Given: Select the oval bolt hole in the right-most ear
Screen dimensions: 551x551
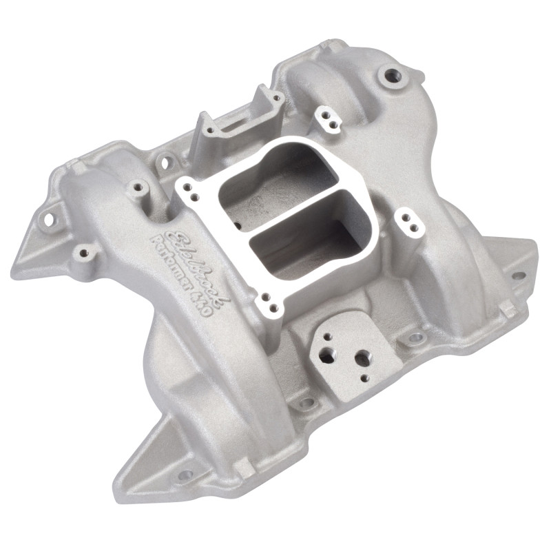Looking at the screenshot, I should pyautogui.click(x=517, y=275).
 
